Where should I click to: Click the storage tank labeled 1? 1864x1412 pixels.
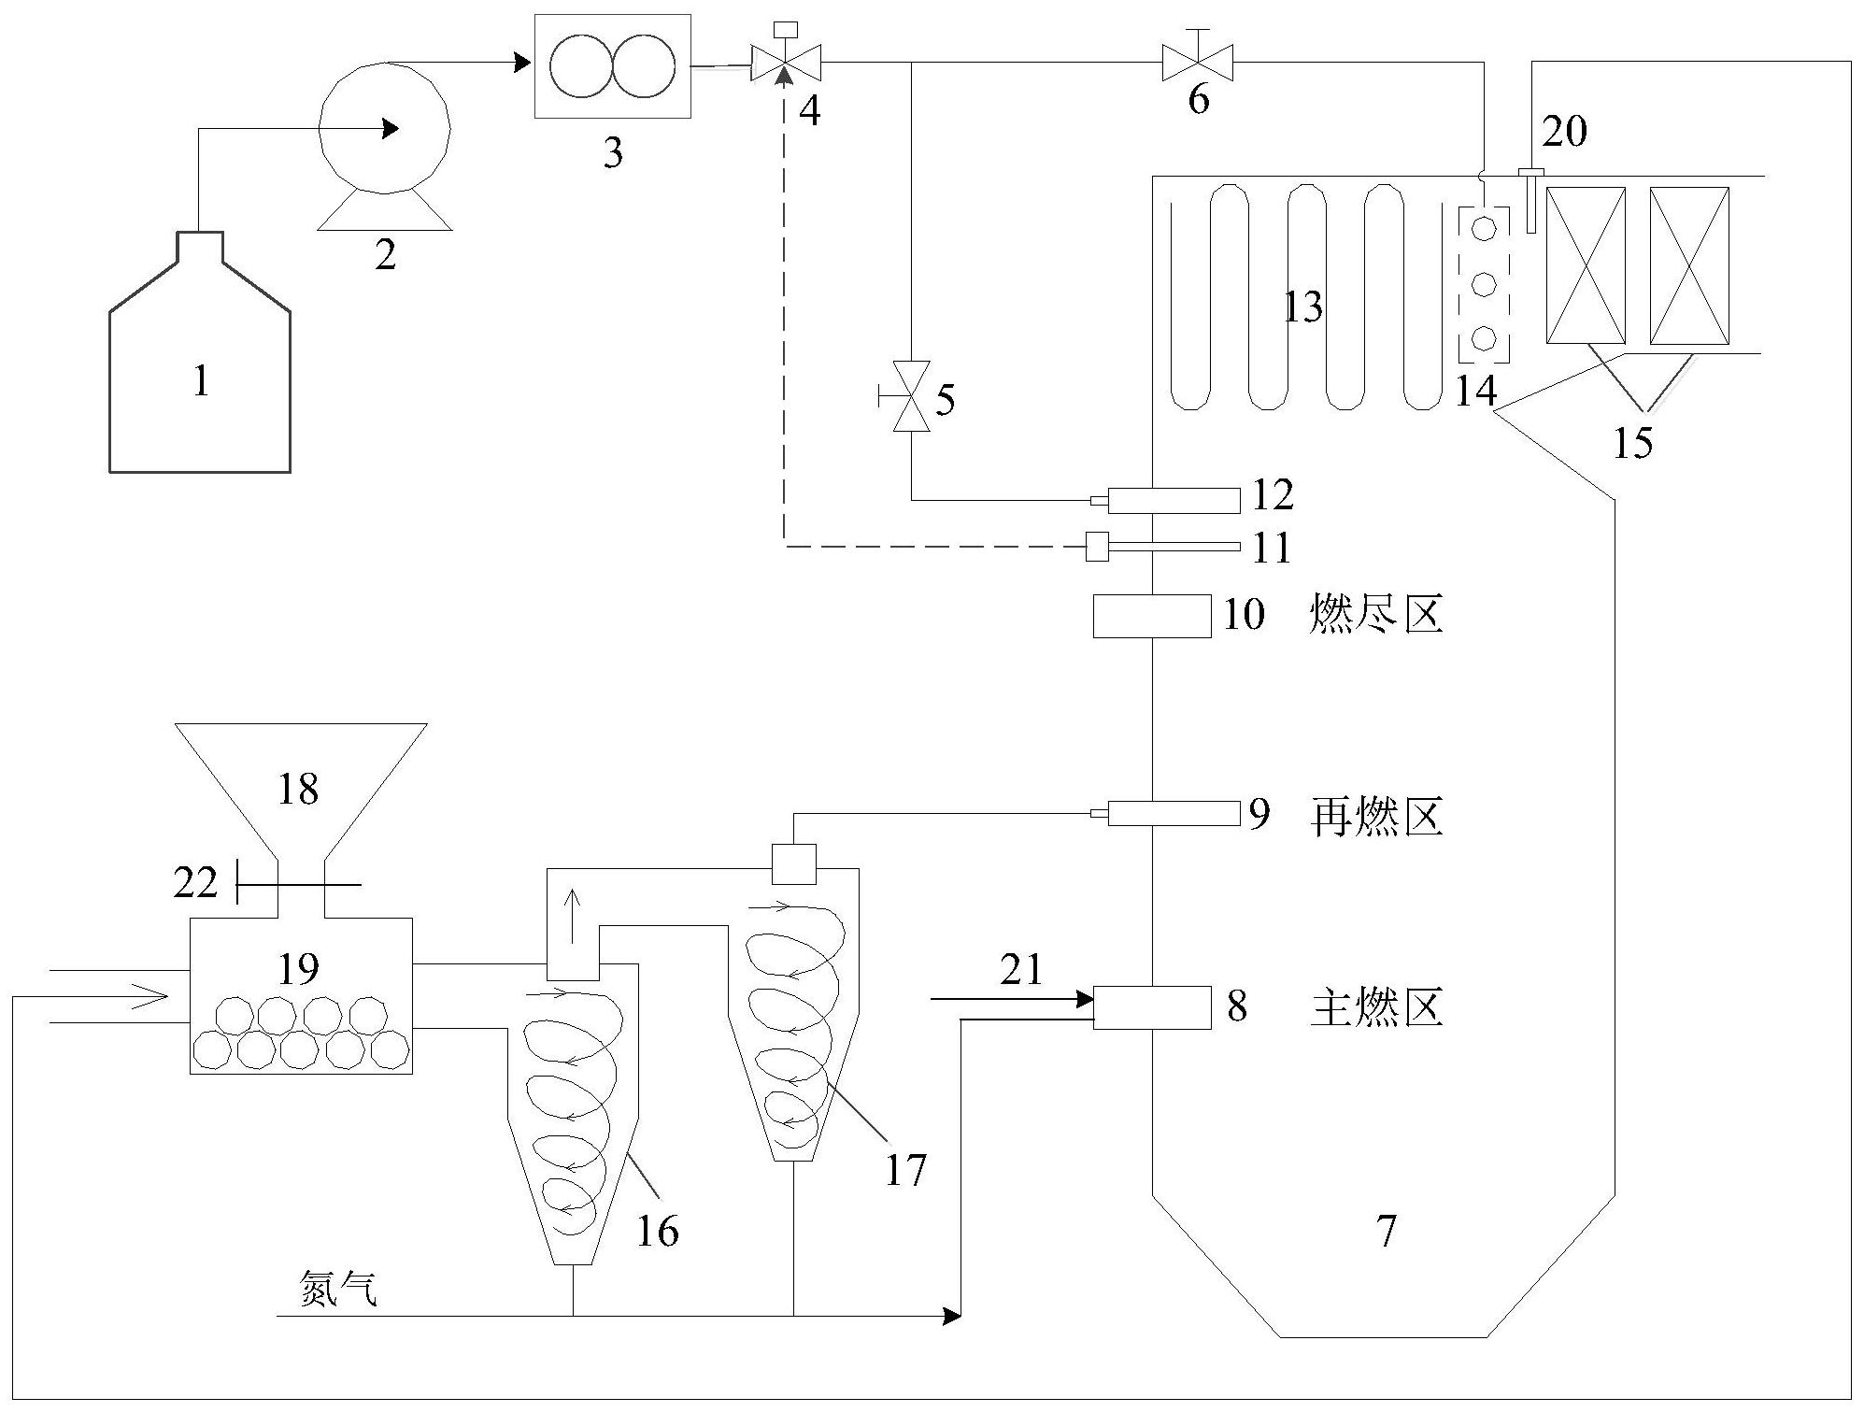[200, 374]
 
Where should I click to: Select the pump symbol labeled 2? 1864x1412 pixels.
[384, 131]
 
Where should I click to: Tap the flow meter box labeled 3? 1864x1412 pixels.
[612, 66]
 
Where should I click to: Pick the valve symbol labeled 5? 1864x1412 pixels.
[911, 396]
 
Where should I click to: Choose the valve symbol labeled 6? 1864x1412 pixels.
[1197, 63]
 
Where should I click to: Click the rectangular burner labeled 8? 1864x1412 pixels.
[1152, 1007]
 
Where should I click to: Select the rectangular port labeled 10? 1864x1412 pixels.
[1152, 617]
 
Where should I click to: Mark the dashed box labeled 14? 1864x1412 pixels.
[1484, 283]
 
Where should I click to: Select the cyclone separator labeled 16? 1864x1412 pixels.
[572, 1112]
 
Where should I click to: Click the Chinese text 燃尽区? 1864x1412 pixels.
[1376, 616]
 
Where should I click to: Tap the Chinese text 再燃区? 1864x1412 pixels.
[1376, 816]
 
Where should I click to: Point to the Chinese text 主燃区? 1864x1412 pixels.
[1376, 1007]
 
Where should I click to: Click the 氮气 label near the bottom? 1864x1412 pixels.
[338, 1290]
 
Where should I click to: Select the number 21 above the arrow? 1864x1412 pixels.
[1020, 970]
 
